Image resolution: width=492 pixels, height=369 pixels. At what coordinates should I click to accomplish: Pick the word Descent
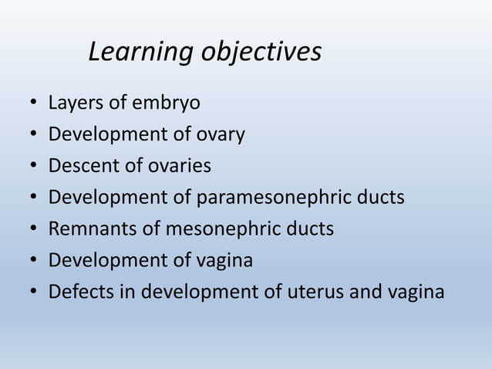[81, 166]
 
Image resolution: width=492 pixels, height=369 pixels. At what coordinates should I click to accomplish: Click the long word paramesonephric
[274, 198]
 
